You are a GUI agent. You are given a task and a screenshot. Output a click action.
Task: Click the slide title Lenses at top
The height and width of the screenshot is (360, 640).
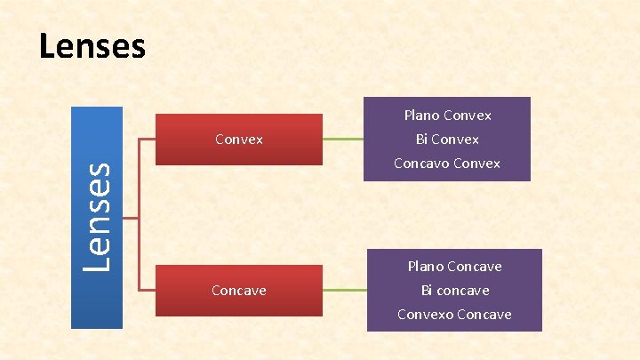92,46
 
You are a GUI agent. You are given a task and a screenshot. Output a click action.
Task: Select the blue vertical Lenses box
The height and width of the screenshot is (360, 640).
97,217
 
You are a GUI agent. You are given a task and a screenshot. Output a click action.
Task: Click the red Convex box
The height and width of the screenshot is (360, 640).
239,140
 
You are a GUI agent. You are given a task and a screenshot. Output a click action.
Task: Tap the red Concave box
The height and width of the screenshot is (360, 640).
239,291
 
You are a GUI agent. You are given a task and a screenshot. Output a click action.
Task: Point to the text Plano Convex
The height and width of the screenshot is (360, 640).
447,116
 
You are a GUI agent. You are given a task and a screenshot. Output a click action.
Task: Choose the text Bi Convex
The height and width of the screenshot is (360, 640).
447,140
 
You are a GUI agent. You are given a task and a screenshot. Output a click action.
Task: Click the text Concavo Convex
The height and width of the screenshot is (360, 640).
447,164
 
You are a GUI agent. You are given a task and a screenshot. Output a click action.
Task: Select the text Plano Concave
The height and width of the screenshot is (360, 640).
454,267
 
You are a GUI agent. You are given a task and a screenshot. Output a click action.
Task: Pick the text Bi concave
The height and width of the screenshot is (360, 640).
454,291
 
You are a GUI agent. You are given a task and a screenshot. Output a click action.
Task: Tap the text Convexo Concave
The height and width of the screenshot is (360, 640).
454,315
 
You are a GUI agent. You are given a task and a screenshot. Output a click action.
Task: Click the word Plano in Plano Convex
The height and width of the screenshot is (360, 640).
421,116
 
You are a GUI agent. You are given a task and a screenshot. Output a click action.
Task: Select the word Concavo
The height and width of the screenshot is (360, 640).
420,164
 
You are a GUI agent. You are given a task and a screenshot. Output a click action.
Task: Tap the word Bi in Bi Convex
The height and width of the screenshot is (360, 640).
422,140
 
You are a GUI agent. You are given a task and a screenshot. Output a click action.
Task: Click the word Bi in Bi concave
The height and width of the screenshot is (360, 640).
428,291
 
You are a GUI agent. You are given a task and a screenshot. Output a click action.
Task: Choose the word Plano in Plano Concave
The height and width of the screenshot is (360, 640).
426,267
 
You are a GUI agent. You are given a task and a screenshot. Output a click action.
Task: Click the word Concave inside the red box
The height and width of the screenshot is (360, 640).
239,291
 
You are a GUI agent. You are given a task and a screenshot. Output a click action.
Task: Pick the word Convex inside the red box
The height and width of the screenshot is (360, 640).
239,140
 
